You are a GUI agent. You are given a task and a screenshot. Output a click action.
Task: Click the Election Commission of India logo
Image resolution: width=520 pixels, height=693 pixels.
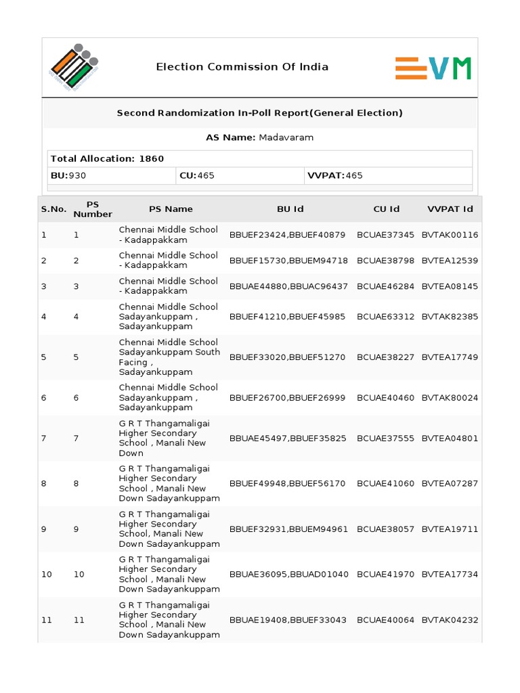click(73, 68)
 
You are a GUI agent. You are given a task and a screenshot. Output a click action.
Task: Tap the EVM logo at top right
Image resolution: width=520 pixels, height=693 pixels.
click(433, 68)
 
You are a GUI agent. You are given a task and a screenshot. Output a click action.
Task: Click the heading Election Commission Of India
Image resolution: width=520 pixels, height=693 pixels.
click(242, 67)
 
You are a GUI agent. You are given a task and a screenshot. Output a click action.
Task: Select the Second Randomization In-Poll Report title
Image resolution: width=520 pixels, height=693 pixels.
click(259, 113)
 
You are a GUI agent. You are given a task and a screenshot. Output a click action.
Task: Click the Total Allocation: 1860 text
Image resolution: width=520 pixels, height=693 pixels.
click(107, 158)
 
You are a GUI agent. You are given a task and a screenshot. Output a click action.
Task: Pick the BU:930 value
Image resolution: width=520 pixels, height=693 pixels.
click(68, 175)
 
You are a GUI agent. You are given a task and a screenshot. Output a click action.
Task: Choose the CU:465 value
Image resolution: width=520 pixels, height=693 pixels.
click(196, 175)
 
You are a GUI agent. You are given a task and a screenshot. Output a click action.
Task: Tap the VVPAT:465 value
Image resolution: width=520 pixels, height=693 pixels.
click(335, 175)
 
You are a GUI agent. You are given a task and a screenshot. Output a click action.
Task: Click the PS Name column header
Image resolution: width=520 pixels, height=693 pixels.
click(171, 209)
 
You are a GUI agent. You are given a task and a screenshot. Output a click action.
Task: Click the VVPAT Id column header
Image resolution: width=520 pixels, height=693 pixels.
click(450, 209)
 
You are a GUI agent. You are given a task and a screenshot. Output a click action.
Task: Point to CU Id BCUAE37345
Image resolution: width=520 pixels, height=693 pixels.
click(385, 235)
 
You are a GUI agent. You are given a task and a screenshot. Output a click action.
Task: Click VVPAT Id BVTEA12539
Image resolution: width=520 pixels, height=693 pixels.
click(450, 261)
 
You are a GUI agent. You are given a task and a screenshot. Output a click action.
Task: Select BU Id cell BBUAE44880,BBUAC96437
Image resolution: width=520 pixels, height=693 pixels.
click(288, 286)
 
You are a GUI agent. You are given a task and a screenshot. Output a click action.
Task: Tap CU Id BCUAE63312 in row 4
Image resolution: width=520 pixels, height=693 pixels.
click(385, 317)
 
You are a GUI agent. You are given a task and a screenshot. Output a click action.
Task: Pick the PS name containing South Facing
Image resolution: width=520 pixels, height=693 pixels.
click(169, 357)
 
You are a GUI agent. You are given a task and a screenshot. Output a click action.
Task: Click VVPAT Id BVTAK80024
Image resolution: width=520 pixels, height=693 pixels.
click(450, 398)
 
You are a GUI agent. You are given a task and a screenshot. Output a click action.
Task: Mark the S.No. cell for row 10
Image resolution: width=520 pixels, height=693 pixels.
click(46, 575)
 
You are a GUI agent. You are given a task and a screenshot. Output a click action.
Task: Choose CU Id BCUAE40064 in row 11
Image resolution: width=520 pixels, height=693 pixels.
click(385, 620)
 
